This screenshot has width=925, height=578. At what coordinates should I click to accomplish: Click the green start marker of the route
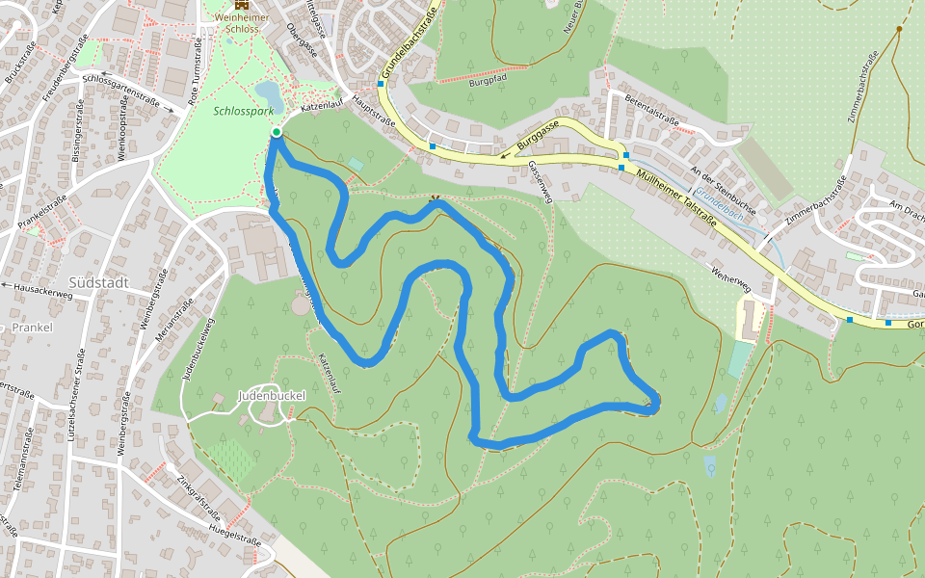[277, 132]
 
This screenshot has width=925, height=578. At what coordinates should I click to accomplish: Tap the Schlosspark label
[244, 112]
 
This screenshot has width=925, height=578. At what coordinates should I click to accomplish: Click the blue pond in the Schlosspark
[269, 95]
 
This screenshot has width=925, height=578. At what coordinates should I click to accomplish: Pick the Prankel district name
[33, 328]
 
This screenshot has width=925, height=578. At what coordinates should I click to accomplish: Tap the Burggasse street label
[538, 137]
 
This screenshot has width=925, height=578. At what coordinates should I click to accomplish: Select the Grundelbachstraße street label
[408, 43]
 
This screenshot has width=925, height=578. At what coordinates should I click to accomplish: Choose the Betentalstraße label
[652, 112]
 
